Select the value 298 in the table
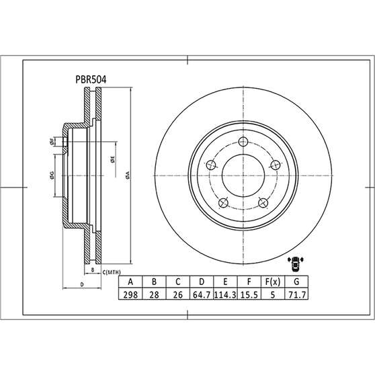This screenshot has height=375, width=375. coord(130,294)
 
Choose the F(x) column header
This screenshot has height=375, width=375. coord(274,282)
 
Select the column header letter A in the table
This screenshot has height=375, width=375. coord(130,282)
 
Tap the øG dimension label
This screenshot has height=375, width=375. coord(51,176)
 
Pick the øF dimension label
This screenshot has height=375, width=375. coord(51,142)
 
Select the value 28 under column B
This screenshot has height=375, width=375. coord(154,294)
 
